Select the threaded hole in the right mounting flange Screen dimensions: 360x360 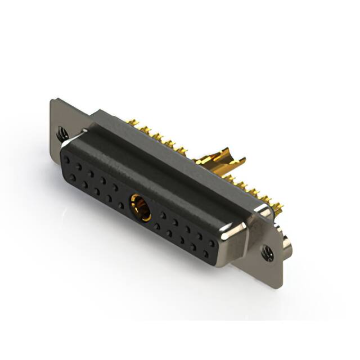(x=266, y=253)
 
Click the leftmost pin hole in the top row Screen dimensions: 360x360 (x=67, y=159)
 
